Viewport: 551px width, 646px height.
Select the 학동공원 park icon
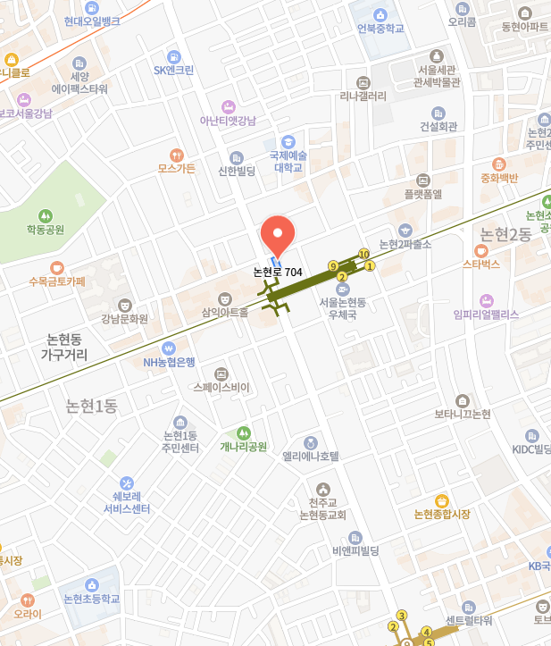click(x=46, y=215)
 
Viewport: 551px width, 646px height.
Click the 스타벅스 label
click(x=480, y=264)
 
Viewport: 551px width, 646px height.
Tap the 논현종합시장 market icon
click(x=441, y=500)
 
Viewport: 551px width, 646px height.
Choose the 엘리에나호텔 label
click(x=311, y=456)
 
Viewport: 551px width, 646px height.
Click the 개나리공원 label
click(x=244, y=446)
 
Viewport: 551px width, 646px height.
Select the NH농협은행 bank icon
click(x=168, y=348)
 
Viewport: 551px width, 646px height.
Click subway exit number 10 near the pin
click(x=363, y=255)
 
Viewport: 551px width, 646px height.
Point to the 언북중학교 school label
click(x=381, y=29)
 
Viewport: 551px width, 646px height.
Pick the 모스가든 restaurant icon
click(x=176, y=155)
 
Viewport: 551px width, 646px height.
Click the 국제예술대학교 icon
click(x=288, y=141)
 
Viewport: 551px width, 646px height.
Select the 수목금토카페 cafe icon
click(x=57, y=267)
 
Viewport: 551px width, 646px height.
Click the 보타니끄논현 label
click(x=463, y=415)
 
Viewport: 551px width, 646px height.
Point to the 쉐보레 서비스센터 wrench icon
click(x=126, y=482)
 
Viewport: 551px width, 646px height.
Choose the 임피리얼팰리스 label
click(x=486, y=314)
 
